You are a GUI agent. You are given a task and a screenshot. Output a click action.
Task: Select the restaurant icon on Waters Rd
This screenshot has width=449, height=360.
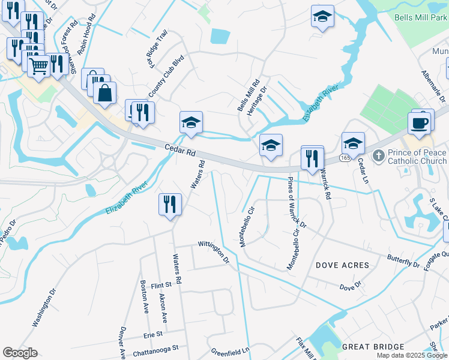(170, 205)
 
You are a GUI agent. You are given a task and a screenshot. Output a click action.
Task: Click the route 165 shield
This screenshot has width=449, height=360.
(345, 158)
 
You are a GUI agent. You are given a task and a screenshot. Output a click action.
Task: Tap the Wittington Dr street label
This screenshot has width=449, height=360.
(214, 252)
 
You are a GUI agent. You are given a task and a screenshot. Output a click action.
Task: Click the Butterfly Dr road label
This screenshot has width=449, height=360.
(403, 262)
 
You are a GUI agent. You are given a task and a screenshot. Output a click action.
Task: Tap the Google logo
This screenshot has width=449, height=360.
(20, 353)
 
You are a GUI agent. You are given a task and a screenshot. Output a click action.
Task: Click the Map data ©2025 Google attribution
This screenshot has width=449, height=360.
(411, 355)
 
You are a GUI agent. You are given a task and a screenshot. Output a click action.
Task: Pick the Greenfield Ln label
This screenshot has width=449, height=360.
(229, 350)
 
